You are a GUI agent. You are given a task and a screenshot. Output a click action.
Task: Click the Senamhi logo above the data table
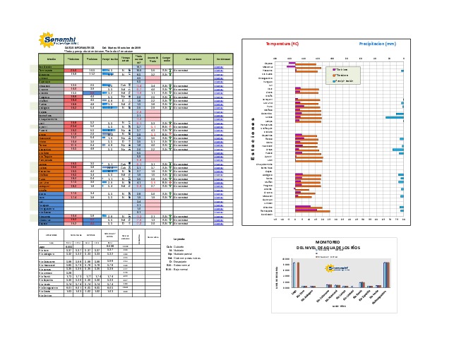coord(56,40)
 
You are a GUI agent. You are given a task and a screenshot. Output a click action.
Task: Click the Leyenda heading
coord(179,239)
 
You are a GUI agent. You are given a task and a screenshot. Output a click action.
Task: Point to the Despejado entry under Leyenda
coord(177,260)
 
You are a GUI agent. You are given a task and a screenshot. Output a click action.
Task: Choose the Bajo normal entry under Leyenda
coord(177,269)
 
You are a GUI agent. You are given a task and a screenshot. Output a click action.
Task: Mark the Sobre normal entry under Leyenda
coord(177,265)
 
